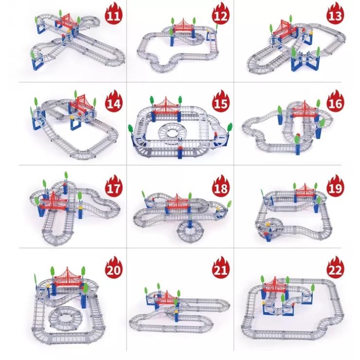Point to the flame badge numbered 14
(114, 102)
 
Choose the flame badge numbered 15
(220, 102)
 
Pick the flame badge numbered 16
(335, 102)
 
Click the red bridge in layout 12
(183, 26)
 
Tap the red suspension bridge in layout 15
(166, 107)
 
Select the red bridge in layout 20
(68, 278)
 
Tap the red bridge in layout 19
(305, 191)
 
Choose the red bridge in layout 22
(274, 285)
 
